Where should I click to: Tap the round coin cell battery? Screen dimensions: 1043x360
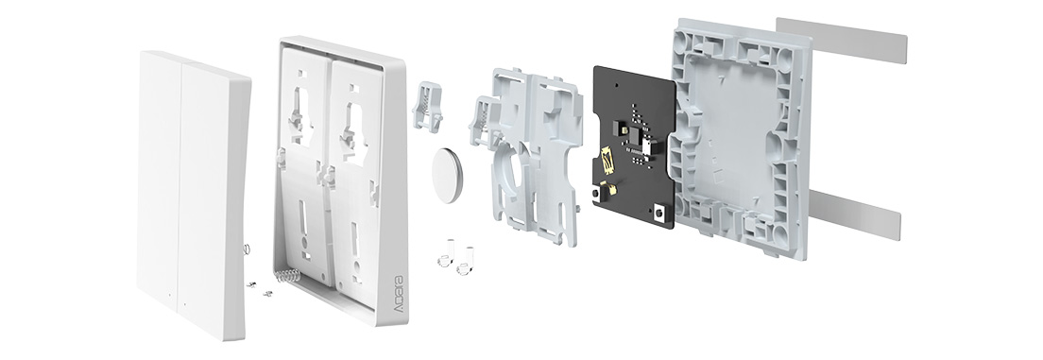tap(448, 175)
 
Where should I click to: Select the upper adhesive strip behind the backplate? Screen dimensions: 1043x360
tap(843, 40)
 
